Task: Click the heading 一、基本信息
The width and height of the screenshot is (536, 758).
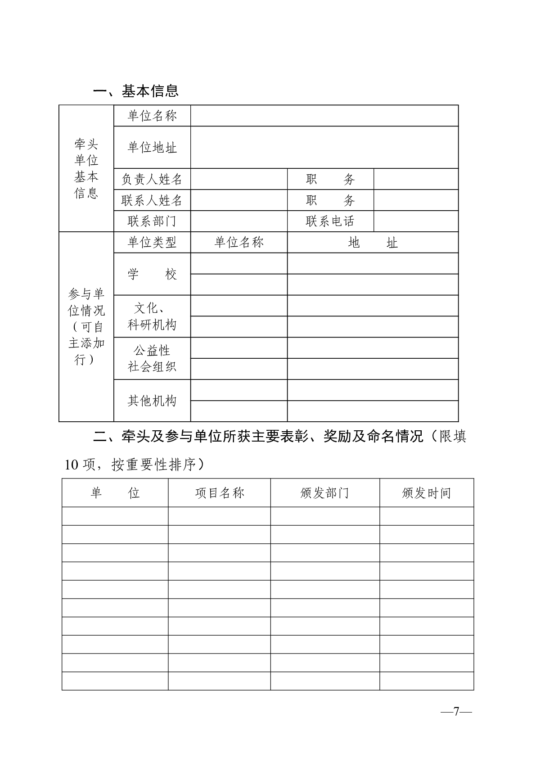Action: click(x=136, y=91)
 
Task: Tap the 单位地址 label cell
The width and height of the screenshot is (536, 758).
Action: click(x=152, y=147)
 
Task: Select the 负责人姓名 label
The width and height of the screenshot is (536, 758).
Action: click(x=152, y=179)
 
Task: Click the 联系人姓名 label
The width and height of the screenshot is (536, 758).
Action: click(x=152, y=200)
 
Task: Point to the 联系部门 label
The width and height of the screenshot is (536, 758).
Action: click(x=152, y=221)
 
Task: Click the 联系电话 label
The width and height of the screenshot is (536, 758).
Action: click(x=330, y=221)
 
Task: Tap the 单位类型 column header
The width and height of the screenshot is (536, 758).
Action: click(x=152, y=243)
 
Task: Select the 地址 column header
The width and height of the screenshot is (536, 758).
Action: click(x=373, y=243)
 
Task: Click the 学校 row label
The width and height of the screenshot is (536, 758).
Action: click(x=152, y=274)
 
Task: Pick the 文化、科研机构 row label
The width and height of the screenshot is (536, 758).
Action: click(x=152, y=316)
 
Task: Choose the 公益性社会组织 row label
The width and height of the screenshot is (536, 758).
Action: click(x=152, y=358)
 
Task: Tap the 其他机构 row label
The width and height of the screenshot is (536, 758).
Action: click(x=152, y=401)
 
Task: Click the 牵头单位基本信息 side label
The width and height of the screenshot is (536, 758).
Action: click(x=86, y=169)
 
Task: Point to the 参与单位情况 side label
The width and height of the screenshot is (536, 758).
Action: click(x=86, y=327)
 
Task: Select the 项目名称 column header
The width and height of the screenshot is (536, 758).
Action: click(x=219, y=493)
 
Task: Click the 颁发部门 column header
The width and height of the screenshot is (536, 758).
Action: click(x=324, y=493)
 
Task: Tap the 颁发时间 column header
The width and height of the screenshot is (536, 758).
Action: click(x=426, y=493)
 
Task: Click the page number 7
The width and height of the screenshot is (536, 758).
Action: click(x=456, y=712)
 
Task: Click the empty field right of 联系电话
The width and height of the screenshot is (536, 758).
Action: click(x=416, y=221)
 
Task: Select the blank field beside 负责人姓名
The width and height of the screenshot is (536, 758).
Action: click(x=239, y=179)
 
